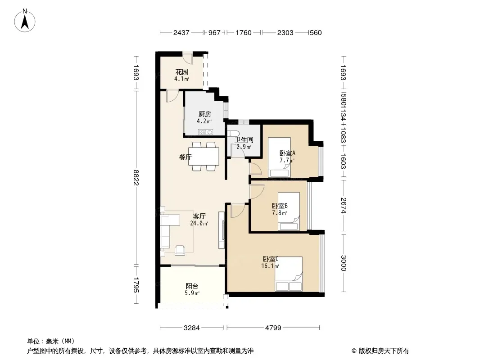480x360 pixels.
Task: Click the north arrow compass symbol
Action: (25, 21)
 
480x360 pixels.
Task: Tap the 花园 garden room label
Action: (181, 72)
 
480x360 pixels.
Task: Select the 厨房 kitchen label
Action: (204, 114)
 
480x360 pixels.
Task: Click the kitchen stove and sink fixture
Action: (206, 132)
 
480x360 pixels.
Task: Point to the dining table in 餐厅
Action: (204, 156)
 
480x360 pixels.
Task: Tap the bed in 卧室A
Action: (279, 157)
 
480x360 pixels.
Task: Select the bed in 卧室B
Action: (289, 211)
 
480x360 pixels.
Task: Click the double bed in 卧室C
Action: (289, 274)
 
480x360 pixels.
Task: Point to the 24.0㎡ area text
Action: (199, 223)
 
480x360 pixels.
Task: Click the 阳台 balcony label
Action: (192, 286)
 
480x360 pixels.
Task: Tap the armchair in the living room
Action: (180, 250)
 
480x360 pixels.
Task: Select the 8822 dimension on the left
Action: (136, 177)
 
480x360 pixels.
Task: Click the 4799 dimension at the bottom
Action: (273, 328)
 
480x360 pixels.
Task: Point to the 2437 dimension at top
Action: (181, 32)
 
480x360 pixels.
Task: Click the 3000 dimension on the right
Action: (343, 263)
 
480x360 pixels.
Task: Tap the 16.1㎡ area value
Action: (270, 266)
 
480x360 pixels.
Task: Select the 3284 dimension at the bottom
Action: (192, 328)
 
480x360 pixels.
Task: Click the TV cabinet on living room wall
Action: (222, 230)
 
